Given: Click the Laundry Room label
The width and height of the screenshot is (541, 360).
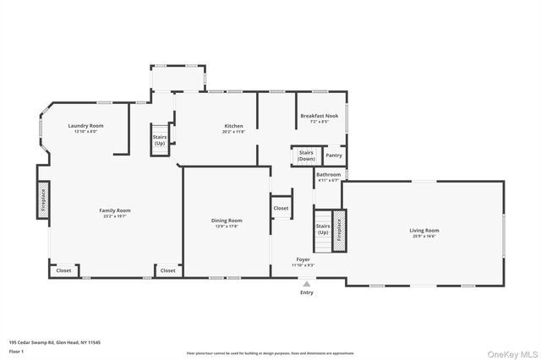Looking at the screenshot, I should pyautogui.click(x=86, y=126).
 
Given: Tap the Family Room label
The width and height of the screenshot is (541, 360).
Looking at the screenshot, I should pyautogui.click(x=115, y=210).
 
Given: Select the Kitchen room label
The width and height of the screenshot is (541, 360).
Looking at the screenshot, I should pyautogui.click(x=233, y=126).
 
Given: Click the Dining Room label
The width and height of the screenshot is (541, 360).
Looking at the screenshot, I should pyautogui.click(x=227, y=221).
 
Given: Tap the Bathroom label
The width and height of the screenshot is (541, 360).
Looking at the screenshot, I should pyautogui.click(x=329, y=174).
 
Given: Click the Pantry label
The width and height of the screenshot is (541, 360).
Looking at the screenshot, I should pyautogui.click(x=334, y=155).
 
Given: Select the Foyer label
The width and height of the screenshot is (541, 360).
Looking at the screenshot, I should pyautogui.click(x=303, y=259).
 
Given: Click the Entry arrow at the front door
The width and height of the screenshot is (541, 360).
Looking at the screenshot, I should pyautogui.click(x=305, y=285).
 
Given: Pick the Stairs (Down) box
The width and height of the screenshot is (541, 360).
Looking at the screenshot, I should pyautogui.click(x=306, y=155).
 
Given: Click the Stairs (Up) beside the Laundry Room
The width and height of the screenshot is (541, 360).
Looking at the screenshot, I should pyautogui.click(x=159, y=139).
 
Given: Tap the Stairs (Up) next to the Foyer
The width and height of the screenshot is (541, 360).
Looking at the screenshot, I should pyautogui.click(x=322, y=229).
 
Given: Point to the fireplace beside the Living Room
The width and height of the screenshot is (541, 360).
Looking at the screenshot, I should pyautogui.click(x=339, y=230).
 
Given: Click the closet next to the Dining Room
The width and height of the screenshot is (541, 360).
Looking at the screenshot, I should pyautogui.click(x=281, y=208).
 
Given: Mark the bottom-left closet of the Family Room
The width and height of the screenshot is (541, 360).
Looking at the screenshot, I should pyautogui.click(x=64, y=270).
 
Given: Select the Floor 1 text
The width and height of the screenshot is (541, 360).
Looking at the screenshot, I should pyautogui.click(x=15, y=350).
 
